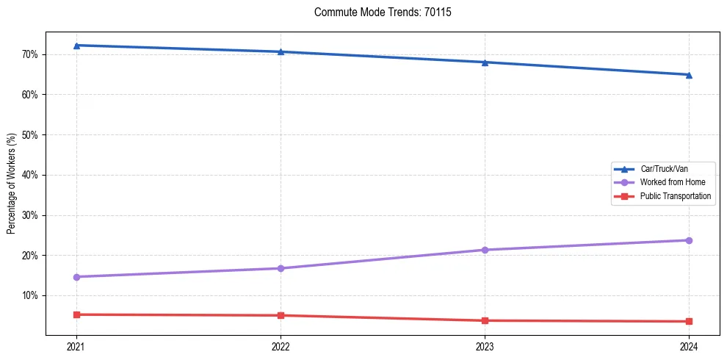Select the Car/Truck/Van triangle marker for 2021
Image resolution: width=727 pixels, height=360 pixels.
(76, 46)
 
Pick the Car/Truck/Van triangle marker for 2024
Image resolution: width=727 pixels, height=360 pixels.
(689, 75)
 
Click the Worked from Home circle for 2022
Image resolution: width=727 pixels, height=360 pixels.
(281, 268)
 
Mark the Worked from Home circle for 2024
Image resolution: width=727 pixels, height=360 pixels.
(689, 240)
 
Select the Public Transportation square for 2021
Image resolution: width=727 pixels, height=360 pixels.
(76, 314)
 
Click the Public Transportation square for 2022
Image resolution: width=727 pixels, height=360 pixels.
(281, 315)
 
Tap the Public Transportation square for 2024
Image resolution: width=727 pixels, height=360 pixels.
(689, 321)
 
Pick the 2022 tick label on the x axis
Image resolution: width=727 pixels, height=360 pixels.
(281, 347)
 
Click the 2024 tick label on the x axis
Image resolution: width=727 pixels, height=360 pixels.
(689, 347)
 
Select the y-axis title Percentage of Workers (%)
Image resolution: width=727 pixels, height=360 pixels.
(12, 184)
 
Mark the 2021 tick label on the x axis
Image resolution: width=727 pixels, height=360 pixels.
(76, 347)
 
